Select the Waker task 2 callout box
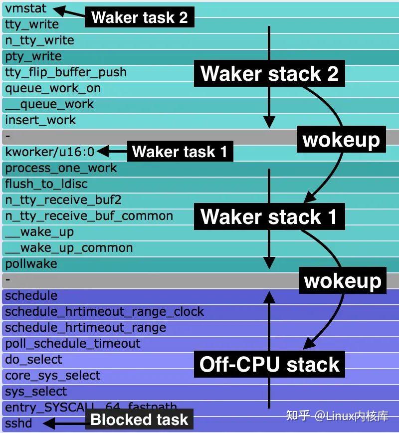(x=139, y=17)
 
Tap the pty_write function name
(x=33, y=56)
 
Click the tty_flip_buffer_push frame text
(x=65, y=72)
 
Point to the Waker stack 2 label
(x=269, y=73)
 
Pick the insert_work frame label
(x=40, y=120)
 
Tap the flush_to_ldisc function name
(x=46, y=184)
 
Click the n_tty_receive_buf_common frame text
(x=89, y=216)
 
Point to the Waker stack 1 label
(x=269, y=216)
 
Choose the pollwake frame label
(x=31, y=264)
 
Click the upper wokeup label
(x=341, y=140)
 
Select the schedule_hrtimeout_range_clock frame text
(x=104, y=312)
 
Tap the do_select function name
(x=33, y=360)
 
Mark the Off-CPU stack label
(x=269, y=364)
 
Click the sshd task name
(x=18, y=424)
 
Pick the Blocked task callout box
(x=139, y=420)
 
